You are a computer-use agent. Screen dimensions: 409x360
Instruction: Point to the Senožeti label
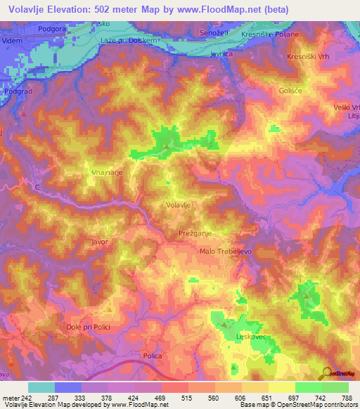coord(215,34)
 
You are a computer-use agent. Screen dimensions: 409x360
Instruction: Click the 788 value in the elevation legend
coord(345,398)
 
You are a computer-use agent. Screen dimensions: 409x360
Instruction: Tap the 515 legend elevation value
coord(185,398)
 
